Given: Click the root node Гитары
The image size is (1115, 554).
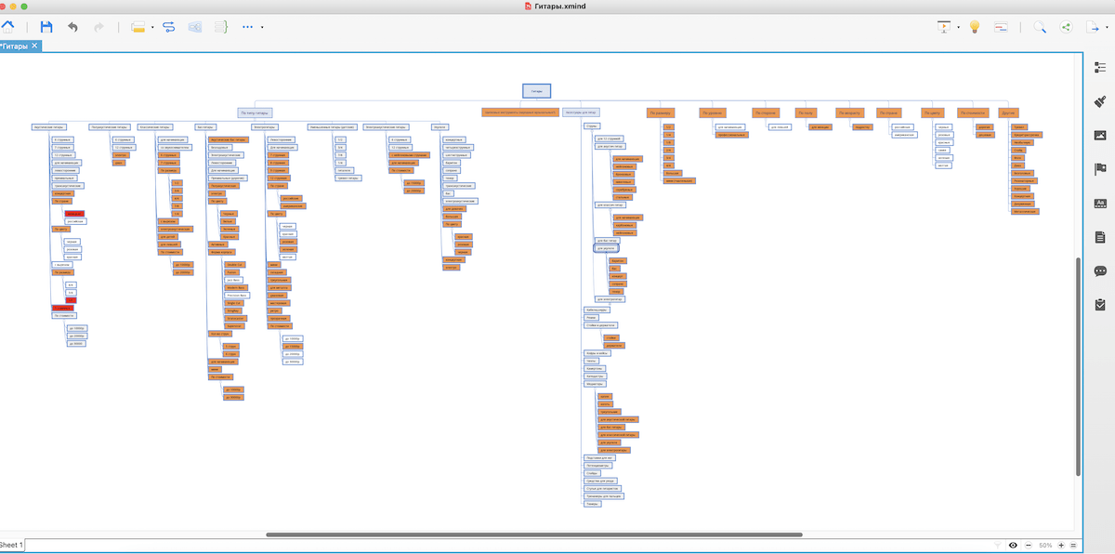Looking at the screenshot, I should click(536, 91).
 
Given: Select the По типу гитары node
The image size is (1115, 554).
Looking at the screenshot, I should click(254, 112).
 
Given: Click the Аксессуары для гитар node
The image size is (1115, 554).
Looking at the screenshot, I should click(581, 112).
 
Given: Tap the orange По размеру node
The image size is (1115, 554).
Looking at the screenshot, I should click(660, 112).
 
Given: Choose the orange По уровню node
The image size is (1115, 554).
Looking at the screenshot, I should click(712, 112).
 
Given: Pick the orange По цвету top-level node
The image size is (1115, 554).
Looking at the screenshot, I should click(932, 112).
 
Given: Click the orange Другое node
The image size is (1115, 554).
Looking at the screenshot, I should click(1007, 112).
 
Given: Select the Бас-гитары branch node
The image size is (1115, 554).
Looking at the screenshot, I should click(205, 126).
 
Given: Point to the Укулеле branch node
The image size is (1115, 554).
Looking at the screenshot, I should click(439, 126).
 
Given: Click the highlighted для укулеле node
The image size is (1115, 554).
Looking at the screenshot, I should click(606, 249).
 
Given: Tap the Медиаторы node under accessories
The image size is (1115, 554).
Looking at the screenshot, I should click(595, 383).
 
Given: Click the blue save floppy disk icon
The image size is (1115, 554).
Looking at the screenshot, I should click(46, 27).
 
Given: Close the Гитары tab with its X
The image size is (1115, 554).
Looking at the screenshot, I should click(34, 46).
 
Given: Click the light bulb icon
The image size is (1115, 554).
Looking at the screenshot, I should click(975, 27).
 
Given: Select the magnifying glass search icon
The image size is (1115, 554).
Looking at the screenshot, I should click(1040, 27).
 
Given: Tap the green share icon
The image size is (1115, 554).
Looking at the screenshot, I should click(1067, 27).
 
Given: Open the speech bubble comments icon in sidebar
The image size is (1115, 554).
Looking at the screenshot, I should click(1100, 270).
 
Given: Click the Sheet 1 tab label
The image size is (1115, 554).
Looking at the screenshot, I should click(11, 544).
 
